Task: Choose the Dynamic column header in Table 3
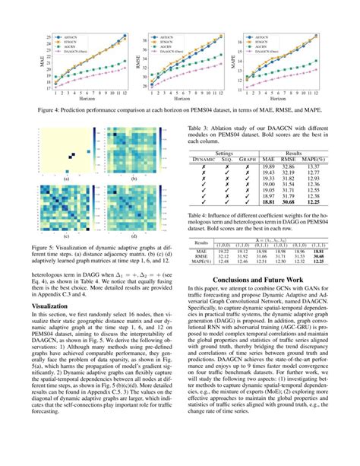click(201, 158)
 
